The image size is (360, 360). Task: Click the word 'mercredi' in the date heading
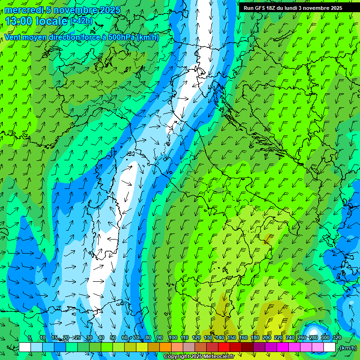click(x=23, y=10)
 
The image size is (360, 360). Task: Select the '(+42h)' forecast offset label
click(x=81, y=21)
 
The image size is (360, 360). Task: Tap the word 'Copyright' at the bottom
click(x=176, y=357)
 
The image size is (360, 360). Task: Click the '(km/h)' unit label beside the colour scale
click(x=347, y=348)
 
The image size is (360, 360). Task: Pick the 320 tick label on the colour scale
click(x=337, y=338)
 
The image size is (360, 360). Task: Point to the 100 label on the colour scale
click(x=172, y=338)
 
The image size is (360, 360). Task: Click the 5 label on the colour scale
click(x=30, y=338)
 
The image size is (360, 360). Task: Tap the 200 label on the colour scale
click(x=266, y=338)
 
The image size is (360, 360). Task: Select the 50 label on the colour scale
click(x=113, y=338)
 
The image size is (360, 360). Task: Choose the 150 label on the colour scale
click(x=231, y=338)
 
